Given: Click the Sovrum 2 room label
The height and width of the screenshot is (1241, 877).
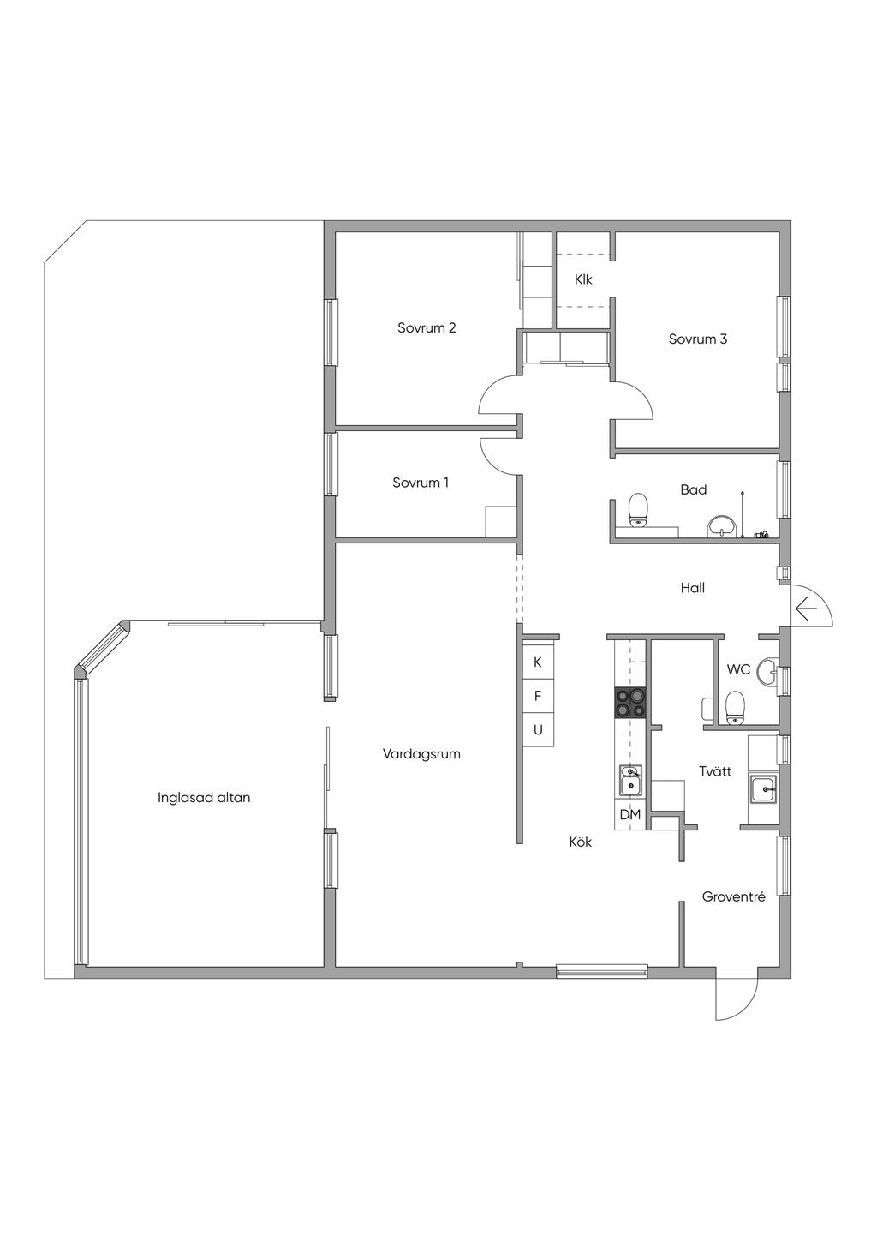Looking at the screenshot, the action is pos(427,327).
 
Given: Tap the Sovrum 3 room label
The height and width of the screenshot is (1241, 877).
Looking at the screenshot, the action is pos(698,339).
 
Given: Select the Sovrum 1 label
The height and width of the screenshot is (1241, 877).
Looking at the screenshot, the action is pos(421,482).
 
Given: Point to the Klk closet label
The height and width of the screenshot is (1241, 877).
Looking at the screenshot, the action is pos(583,279).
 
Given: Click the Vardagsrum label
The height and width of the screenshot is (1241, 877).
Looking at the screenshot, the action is pos(421,753).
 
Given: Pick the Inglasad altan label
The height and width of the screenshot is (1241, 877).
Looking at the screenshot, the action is pos(204,797).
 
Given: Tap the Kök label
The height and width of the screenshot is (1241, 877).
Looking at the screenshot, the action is pos(580,842).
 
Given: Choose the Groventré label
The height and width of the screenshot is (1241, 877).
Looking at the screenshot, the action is pos(734,896).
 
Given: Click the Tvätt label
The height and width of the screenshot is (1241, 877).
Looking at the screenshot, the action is pos(715,770).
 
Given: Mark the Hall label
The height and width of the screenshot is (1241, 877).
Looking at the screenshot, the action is pos(693,587).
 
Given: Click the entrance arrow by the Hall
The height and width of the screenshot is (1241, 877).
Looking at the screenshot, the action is pos(806,609).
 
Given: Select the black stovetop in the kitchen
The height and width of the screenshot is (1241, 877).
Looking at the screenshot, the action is pos(630,703).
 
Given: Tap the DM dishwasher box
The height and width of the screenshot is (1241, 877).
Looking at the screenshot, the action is pos(630,814).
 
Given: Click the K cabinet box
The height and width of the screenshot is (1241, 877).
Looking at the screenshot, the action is pos(538,662).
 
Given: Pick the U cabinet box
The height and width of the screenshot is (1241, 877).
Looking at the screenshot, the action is pos(538,729).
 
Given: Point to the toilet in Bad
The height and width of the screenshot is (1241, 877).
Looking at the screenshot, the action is pos(638,510).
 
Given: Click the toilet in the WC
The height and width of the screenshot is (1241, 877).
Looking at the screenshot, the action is pos(736,707).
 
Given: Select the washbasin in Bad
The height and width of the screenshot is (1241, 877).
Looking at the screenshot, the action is pos(721,525).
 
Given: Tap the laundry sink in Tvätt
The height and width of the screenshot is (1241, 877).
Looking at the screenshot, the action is pos(764,788).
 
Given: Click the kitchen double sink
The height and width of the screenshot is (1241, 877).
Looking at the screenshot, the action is pos(630,780).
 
